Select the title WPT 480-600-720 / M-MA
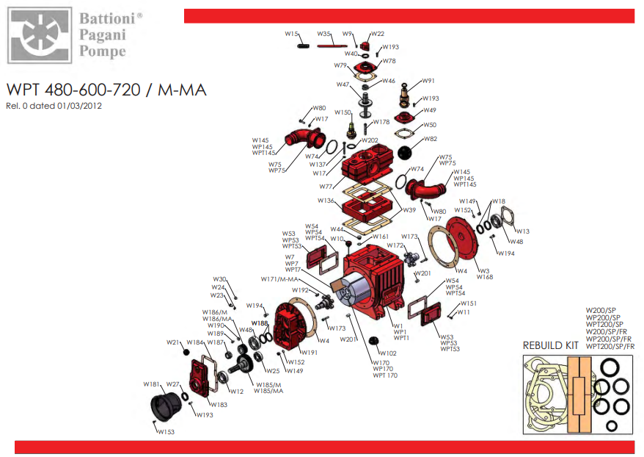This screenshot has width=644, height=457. tap(106, 90)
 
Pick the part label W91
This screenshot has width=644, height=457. tap(428, 81)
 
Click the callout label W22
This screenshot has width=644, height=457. tap(378, 34)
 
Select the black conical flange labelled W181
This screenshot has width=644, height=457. tap(169, 404)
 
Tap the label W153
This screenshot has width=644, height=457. tap(166, 432)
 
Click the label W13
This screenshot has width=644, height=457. tap(522, 231)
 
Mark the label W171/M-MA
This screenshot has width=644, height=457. tap(279, 279)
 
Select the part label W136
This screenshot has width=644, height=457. tap(326, 201)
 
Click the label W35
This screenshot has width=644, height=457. tap(324, 34)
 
